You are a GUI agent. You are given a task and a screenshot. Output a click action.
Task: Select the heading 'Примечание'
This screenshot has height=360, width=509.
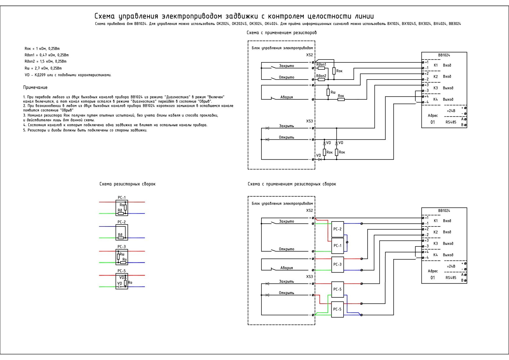pyautogui.click(x=35, y=87)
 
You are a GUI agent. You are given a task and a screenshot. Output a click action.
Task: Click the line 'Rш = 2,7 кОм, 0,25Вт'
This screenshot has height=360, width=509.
pyautogui.click(x=43, y=68)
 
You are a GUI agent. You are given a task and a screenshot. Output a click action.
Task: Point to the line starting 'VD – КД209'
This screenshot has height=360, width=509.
pyautogui.click(x=68, y=75)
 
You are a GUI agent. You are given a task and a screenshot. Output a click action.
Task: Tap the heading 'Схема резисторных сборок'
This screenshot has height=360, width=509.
pyautogui.click(x=127, y=184)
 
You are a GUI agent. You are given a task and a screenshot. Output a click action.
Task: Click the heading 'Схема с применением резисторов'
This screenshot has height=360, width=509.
pyautogui.click(x=281, y=33)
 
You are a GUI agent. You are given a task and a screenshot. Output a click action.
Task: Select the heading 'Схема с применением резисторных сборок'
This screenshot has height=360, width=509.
pyautogui.click(x=292, y=184)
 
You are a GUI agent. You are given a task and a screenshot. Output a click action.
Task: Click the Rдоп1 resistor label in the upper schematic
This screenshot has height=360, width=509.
pyautogui.click(x=321, y=64)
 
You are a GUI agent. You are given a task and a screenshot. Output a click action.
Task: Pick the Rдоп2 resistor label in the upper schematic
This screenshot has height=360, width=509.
pyautogui.click(x=321, y=76)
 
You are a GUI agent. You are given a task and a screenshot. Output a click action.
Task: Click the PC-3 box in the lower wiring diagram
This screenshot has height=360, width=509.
pyautogui.click(x=337, y=264)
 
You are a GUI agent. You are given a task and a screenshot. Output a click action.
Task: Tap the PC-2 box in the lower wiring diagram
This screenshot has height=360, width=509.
pyautogui.click(x=337, y=229)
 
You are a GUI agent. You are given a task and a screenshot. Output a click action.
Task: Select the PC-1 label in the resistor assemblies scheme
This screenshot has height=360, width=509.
pyautogui.click(x=122, y=198)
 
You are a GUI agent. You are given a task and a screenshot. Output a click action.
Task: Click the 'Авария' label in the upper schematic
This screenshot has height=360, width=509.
pyautogui.click(x=286, y=97)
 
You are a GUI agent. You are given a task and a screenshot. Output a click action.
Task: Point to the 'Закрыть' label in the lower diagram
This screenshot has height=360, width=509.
pyautogui.click(x=286, y=281)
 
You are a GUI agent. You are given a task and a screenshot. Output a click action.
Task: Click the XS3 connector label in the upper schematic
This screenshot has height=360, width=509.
pyautogui.click(x=309, y=121)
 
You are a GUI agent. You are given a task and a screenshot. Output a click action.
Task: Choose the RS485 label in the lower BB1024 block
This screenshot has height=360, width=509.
pyautogui.click(x=451, y=278)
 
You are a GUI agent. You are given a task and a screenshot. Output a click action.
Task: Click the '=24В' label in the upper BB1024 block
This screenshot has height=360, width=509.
pyautogui.click(x=451, y=111)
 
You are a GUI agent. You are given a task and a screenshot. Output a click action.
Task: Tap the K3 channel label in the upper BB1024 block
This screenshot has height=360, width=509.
pyautogui.click(x=436, y=88)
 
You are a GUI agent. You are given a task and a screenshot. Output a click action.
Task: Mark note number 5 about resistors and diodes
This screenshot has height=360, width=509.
pyautogui.click(x=85, y=130)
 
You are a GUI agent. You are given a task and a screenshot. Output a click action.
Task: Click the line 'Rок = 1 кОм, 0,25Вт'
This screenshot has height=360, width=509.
pyautogui.click(x=42, y=49)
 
